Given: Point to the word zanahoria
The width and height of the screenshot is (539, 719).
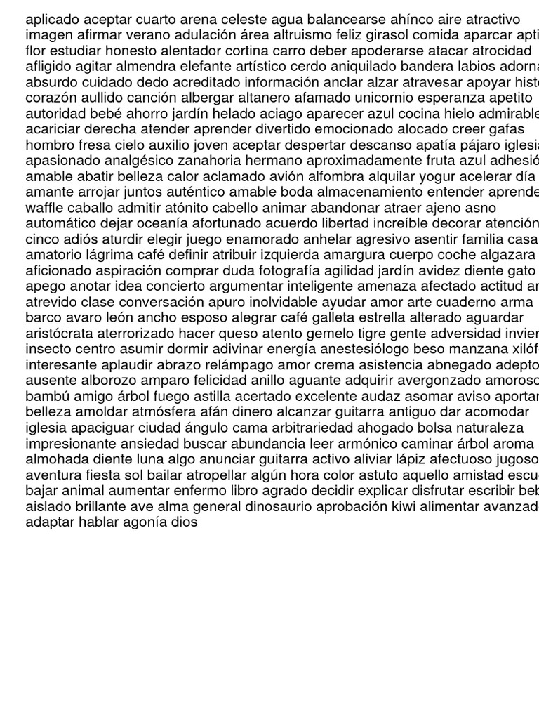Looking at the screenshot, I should (208, 161).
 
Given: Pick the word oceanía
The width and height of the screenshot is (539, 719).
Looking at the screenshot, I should (162, 223).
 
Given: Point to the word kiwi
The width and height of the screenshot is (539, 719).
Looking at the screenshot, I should (404, 506).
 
